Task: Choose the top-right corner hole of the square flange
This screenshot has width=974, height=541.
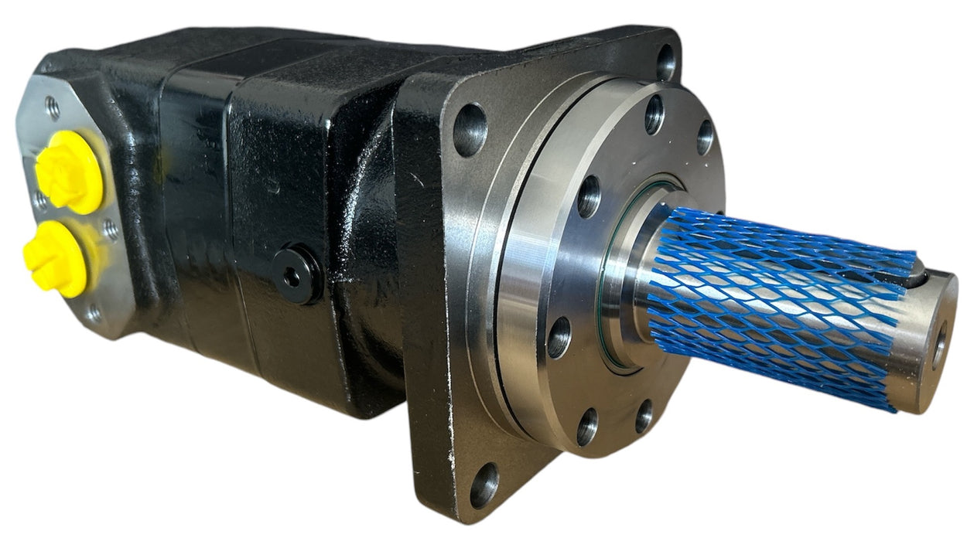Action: (x=666, y=62)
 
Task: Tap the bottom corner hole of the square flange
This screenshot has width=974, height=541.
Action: (x=484, y=485)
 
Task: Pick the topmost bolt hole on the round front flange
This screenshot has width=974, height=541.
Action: (x=654, y=114)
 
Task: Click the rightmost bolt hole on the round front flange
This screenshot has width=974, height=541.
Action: (x=705, y=137)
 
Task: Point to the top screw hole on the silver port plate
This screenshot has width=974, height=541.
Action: (x=52, y=107)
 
